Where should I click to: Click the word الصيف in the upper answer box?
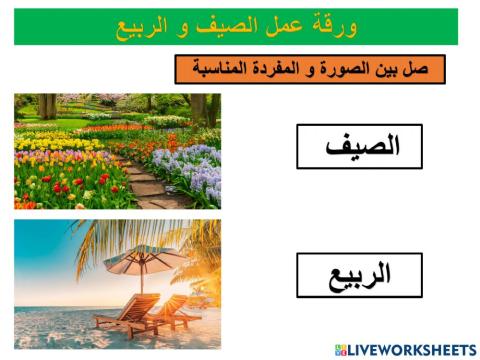tap(360, 146)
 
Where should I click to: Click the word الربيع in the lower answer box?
tap(359, 275)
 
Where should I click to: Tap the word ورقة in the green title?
tap(336, 26)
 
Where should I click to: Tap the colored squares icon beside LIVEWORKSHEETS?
tap(340, 350)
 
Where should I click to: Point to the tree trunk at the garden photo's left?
tap(46, 105)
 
